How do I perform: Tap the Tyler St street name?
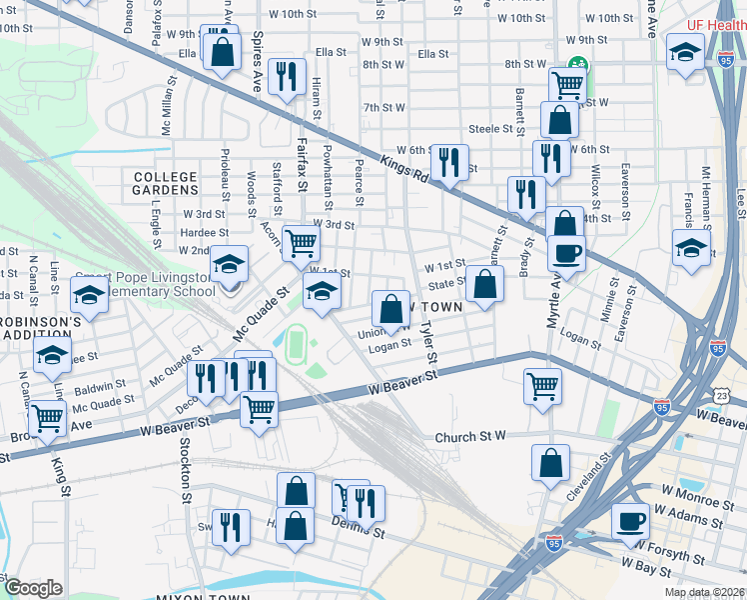(428, 341)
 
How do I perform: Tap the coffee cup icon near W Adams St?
(630, 520)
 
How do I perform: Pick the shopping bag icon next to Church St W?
(549, 463)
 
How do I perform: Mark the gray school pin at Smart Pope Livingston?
(229, 288)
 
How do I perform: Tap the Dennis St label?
(364, 533)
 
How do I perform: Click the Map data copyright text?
(704, 592)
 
